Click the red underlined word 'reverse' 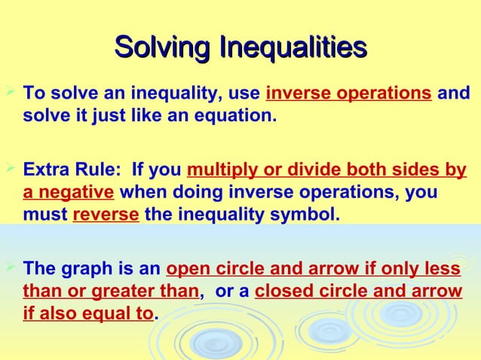coord(106,215)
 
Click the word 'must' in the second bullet coord(44,215)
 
